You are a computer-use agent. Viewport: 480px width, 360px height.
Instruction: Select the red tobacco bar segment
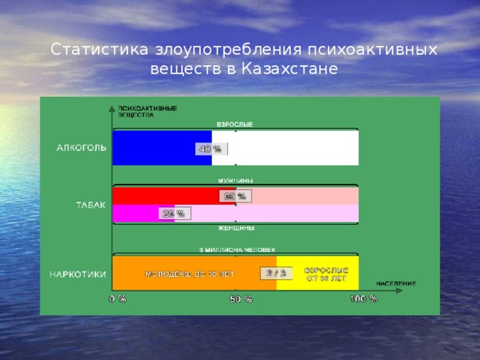(x=165, y=196)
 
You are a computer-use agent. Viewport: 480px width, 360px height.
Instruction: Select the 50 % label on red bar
(x=235, y=196)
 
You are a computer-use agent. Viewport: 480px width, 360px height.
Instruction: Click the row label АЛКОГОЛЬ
(x=82, y=147)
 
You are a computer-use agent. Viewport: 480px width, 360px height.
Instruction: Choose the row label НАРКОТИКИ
(x=78, y=274)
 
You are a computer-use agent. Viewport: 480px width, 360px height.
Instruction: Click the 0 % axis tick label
(x=117, y=298)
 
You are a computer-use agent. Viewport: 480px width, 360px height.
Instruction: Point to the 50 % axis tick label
(x=241, y=300)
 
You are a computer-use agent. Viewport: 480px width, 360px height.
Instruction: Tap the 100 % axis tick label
(x=363, y=298)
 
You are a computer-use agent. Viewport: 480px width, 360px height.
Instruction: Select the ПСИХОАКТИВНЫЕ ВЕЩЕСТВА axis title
(x=147, y=111)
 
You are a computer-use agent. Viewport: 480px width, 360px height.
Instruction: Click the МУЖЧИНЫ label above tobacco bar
(x=235, y=181)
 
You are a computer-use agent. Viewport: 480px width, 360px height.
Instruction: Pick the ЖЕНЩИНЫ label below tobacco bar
(x=235, y=227)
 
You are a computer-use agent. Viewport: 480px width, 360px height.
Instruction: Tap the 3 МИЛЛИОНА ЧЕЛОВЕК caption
(x=237, y=249)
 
